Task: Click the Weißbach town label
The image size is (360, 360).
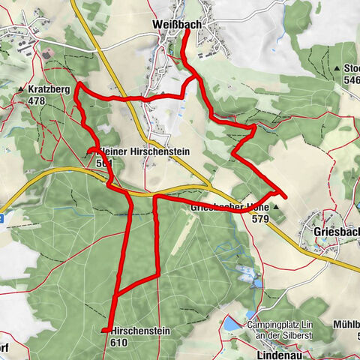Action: tap(176, 25)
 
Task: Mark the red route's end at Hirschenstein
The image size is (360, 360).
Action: tap(103, 331)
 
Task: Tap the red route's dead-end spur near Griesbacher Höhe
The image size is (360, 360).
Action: tap(283, 196)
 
